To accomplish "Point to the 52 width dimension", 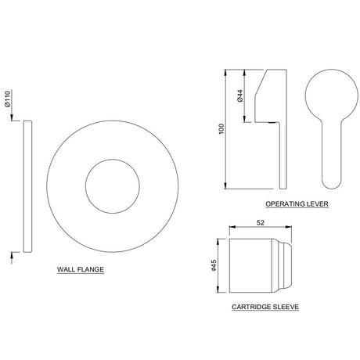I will tap(259, 222).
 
